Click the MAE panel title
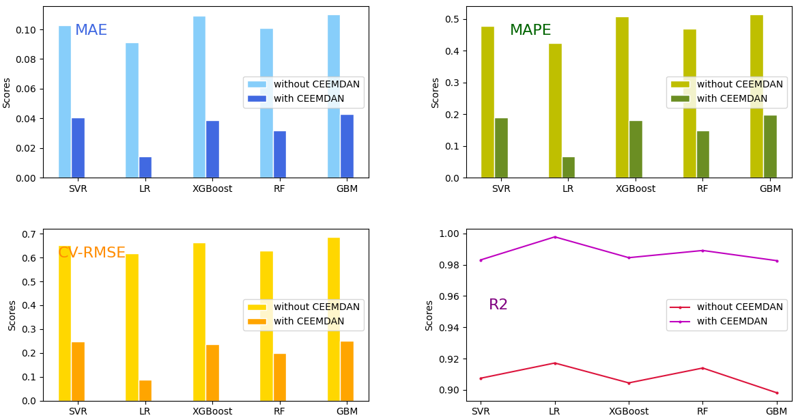click(x=91, y=31)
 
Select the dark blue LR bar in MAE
click(x=145, y=167)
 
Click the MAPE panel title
click(x=530, y=31)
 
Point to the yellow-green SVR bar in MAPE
click(x=487, y=102)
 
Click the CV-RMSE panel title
click(x=91, y=253)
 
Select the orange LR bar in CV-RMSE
click(x=145, y=391)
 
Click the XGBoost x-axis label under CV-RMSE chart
click(x=212, y=411)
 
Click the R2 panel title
click(x=498, y=305)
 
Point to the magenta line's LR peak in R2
click(x=554, y=237)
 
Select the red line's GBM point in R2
click(x=777, y=393)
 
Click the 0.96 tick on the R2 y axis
click(x=448, y=296)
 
